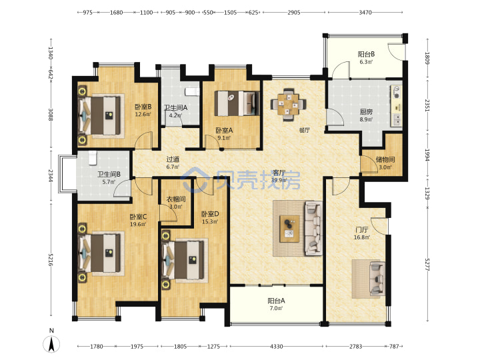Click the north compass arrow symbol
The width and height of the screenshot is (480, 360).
pos(51,344)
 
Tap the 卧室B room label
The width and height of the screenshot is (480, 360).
pos(143,107)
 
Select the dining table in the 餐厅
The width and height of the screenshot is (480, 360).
pos(288,105)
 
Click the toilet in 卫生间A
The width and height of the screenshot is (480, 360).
pos(192,91)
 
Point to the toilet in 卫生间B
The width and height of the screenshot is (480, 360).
pos(92,158)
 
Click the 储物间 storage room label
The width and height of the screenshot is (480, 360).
pos(385,159)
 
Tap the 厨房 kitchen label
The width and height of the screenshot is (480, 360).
pos(366,112)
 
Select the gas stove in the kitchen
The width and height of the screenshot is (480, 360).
pos(397,93)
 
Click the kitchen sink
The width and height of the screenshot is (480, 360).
pos(397,120)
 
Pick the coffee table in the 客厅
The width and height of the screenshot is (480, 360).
pos(289,229)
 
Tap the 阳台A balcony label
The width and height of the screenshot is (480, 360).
pos(276,301)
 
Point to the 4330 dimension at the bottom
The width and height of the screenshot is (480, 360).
pos(276,346)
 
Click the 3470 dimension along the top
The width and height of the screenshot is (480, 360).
pos(365,12)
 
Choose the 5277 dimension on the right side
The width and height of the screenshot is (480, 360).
pos(427,265)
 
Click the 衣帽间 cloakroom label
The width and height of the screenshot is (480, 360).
pos(176,199)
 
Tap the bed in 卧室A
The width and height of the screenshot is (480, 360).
pos(237,103)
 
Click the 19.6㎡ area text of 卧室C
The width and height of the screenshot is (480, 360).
pos(138,224)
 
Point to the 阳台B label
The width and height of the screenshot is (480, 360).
pos(366,54)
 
